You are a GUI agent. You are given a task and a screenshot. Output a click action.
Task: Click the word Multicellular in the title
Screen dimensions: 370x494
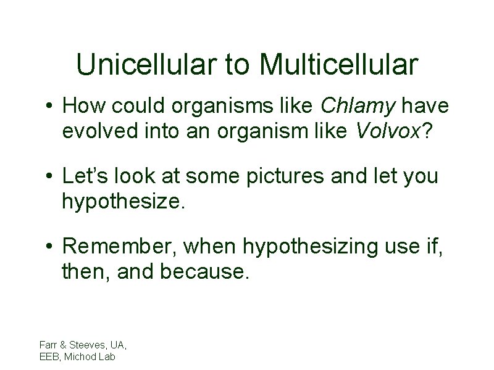click(x=338, y=64)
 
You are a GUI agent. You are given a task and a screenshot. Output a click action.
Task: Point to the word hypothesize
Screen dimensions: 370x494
click(x=123, y=201)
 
